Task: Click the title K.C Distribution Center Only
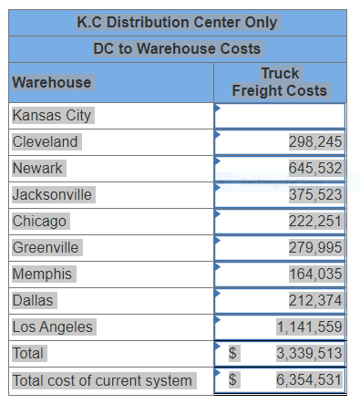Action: (177, 22)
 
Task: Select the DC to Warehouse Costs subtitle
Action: (177, 48)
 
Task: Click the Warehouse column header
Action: (52, 82)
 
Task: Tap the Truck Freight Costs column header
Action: (280, 82)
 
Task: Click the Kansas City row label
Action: (52, 116)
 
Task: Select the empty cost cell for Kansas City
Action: (280, 116)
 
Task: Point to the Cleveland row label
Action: (46, 142)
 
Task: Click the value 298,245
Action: (315, 142)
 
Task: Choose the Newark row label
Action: (38, 169)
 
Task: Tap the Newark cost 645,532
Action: (315, 169)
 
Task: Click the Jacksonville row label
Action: (52, 195)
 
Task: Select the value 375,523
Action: (315, 195)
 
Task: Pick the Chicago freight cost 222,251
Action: (315, 222)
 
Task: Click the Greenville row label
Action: (46, 248)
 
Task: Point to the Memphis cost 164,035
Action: (315, 274)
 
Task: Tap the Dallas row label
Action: (34, 300)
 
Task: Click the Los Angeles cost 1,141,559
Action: (310, 326)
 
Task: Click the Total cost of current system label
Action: (103, 380)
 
